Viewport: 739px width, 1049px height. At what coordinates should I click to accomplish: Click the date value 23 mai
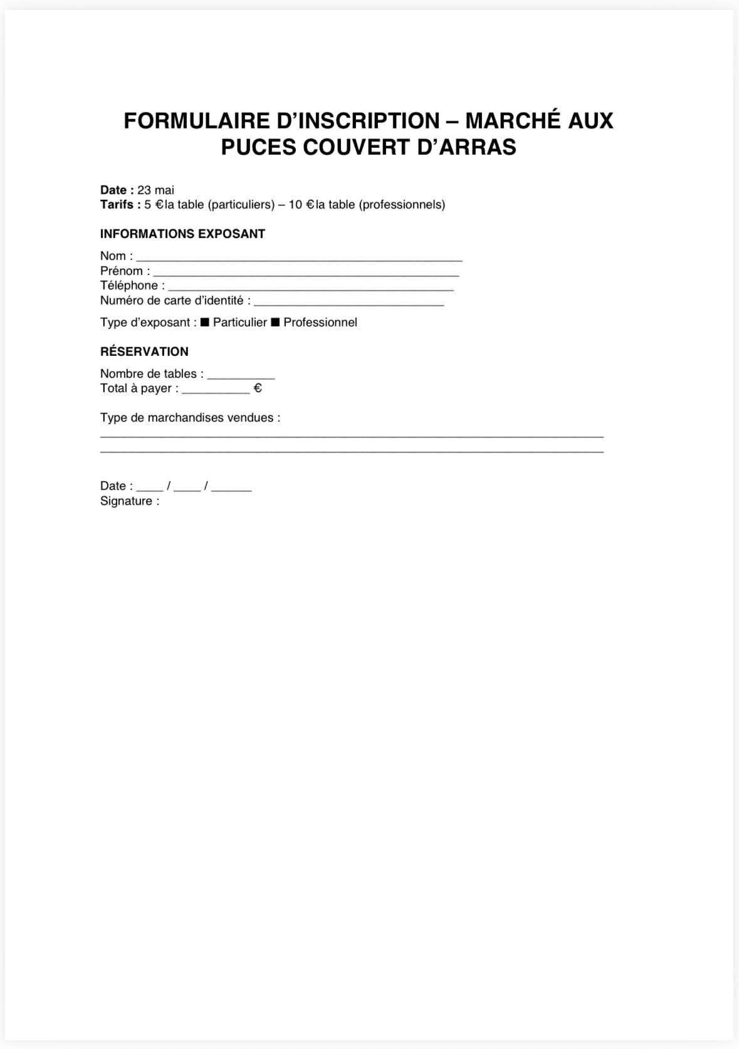click(156, 190)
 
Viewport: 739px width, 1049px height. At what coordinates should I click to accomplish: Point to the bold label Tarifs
click(117, 205)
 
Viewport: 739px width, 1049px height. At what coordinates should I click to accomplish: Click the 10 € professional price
click(301, 205)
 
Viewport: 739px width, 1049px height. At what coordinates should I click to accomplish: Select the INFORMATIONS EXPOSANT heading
click(182, 234)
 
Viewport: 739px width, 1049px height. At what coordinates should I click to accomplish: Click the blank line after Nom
click(299, 258)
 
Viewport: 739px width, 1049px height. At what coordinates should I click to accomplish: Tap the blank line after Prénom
click(306, 273)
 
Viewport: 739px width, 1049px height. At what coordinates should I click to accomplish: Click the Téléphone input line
click(310, 288)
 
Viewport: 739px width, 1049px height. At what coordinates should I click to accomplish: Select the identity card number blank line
click(349, 303)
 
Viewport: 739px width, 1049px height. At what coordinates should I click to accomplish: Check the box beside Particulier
click(204, 322)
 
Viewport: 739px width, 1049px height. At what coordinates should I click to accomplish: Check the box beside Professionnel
click(275, 322)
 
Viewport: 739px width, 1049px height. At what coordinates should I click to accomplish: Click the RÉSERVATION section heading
click(144, 352)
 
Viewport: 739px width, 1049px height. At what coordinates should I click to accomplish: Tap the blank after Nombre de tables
click(241, 376)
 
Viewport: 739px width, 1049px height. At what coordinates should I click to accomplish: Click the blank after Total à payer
click(216, 390)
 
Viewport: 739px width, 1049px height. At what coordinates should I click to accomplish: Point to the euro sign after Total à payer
click(258, 389)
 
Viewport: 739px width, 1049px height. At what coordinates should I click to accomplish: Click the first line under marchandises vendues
click(352, 435)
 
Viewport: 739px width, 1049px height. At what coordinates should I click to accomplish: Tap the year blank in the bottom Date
click(231, 488)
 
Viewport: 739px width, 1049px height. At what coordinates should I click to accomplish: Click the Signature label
click(130, 501)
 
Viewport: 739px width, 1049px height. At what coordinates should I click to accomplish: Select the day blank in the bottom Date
click(150, 488)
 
